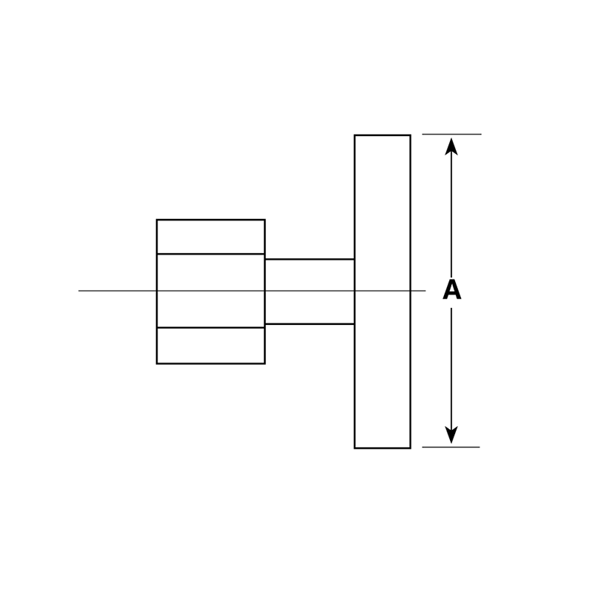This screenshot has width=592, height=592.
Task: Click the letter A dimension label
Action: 451,289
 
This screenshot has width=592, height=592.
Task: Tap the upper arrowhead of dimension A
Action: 451,147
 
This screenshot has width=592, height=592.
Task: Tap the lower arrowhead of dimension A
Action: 451,435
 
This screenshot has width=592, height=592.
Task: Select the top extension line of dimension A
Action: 451,134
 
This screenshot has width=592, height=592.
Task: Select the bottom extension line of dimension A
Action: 451,447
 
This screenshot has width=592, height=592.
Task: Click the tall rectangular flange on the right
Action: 383,292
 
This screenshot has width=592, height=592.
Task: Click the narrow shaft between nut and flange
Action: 309,292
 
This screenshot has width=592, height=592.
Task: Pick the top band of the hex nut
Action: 211,237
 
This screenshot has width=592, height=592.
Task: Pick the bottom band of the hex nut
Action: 211,346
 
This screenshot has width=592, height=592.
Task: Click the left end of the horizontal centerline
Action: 78,291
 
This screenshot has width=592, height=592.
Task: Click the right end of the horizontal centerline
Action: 425,291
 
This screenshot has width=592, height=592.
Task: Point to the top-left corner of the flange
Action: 354,135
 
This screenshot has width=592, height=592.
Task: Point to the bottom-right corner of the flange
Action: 411,448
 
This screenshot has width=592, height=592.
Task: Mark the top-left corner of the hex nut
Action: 157,219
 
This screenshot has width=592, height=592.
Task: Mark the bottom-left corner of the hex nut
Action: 157,363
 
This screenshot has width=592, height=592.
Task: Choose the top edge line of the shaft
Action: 309,260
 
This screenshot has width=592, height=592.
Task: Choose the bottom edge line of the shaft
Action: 309,324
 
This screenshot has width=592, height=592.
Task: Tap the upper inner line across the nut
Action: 211,254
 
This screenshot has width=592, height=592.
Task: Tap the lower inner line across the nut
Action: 211,328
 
